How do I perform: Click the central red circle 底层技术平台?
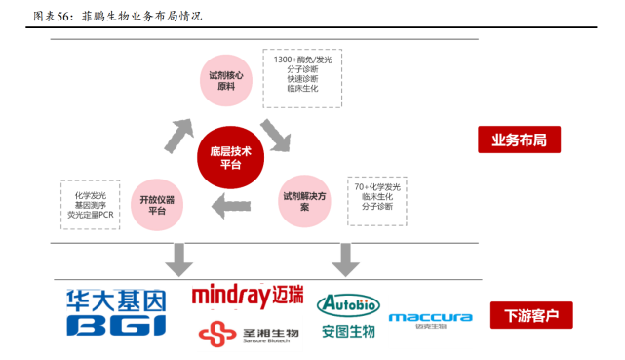coord(230,159)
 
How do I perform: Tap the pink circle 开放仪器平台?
coord(157,205)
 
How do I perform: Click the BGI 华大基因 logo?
coord(116,312)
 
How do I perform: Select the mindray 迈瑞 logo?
coord(249,295)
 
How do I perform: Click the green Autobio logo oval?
coord(349,302)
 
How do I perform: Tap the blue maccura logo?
coord(430,318)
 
